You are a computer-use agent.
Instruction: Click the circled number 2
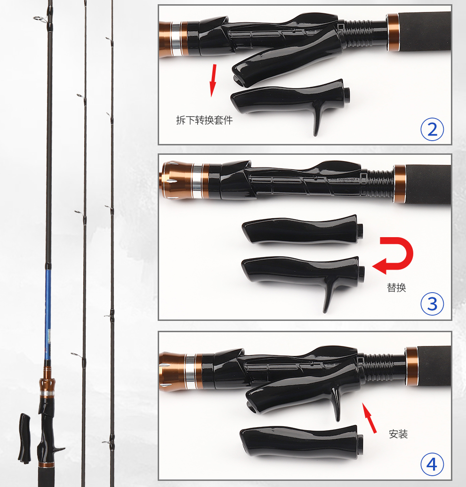point(432,129)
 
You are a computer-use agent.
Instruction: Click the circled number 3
point(432,304)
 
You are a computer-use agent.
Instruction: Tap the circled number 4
point(432,464)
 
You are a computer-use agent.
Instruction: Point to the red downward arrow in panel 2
point(213,80)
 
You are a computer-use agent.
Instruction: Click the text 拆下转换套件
point(204,120)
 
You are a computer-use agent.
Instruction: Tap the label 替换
point(396,287)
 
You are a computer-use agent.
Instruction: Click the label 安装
point(398,434)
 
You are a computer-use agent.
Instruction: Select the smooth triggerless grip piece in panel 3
point(302,230)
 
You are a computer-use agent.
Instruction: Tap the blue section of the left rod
point(48,314)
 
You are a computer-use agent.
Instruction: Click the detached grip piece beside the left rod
point(24,438)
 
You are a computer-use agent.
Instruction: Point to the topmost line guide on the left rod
point(39,19)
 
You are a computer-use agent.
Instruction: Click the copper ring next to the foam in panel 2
point(393,32)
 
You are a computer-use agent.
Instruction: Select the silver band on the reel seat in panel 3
point(197,181)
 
